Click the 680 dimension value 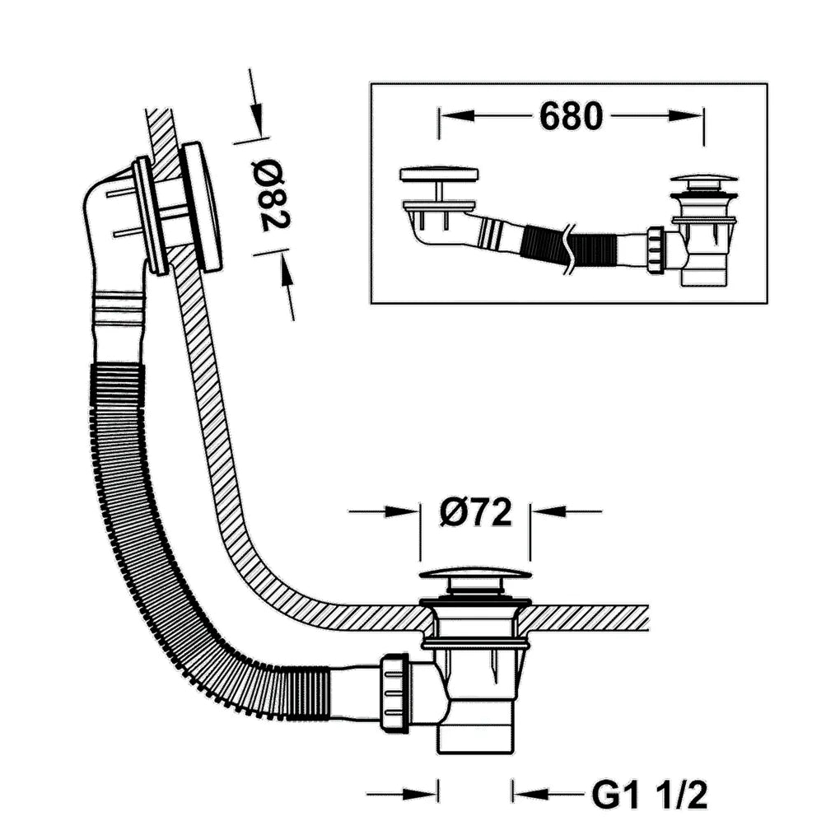[571, 116]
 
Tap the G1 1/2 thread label [649, 795]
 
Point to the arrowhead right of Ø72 [548, 511]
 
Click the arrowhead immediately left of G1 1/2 [530, 793]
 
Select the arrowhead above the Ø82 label [257, 119]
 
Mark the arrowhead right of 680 [686, 116]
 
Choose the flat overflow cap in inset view [439, 174]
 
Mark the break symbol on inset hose [569, 248]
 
